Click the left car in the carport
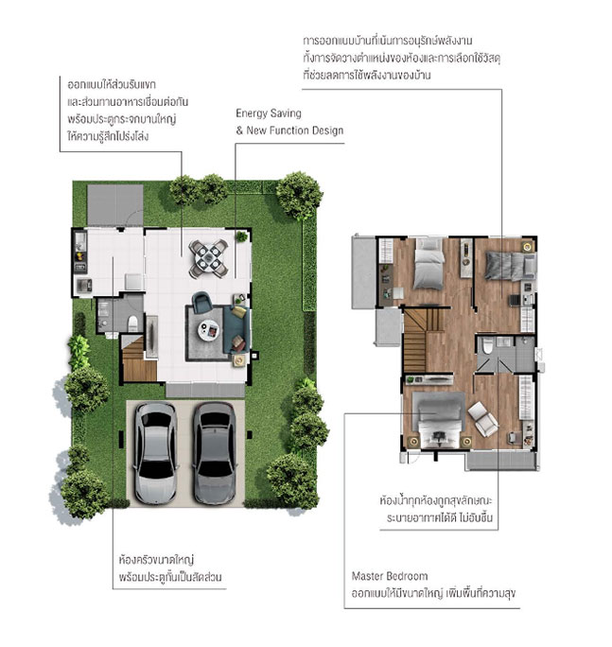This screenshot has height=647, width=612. [155, 453]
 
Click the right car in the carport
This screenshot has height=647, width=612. [215, 453]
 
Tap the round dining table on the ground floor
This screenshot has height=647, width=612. [209, 258]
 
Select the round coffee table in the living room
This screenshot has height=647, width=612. [209, 330]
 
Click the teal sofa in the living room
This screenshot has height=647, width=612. [236, 329]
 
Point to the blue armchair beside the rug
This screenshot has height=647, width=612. [202, 302]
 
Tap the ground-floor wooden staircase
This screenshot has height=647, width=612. [139, 358]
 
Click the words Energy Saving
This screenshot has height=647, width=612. [269, 114]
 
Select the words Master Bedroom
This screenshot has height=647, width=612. [390, 576]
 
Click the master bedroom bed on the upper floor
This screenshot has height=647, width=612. [440, 420]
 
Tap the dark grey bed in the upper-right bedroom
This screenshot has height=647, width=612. [511, 266]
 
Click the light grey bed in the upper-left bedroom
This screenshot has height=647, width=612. [429, 263]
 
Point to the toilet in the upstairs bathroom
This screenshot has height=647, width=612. [488, 346]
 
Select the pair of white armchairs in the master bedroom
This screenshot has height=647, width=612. [483, 419]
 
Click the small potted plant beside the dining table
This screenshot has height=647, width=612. [241, 236]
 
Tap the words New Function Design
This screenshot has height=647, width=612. [295, 131]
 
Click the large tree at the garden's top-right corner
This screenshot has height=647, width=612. [299, 195]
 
